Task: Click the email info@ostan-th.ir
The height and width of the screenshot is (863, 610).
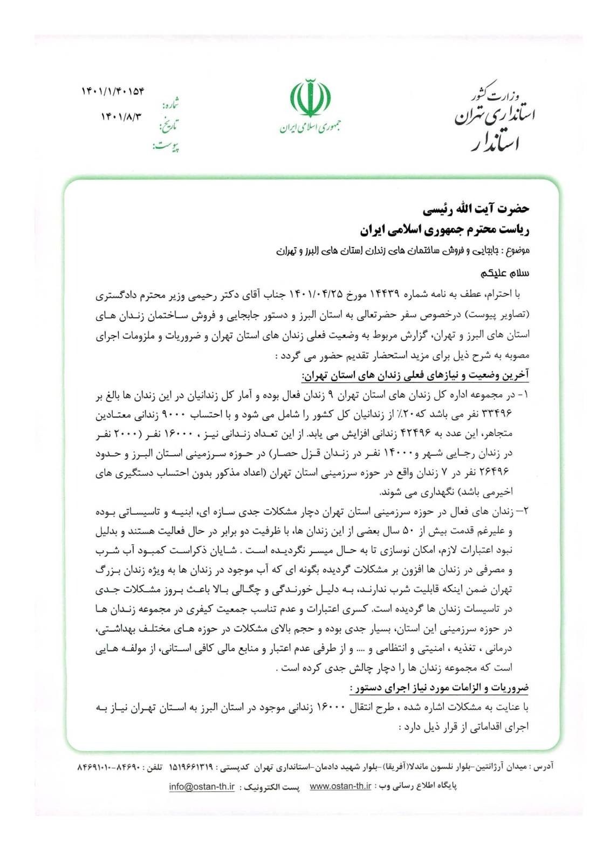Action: [202, 787]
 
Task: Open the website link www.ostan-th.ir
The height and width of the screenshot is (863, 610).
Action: [340, 787]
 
